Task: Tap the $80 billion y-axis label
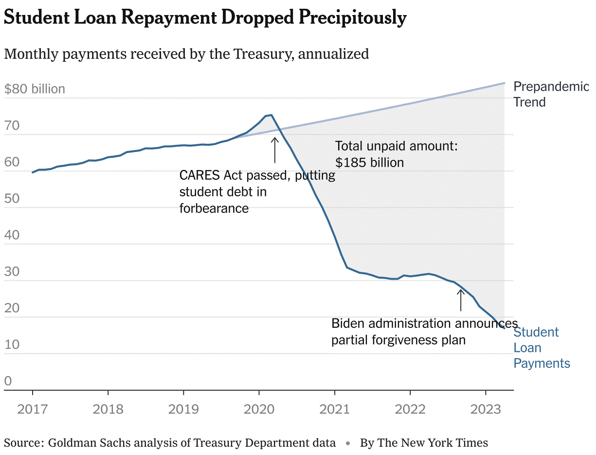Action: click(35, 89)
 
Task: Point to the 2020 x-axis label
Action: click(259, 409)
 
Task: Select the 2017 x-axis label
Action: click(32, 409)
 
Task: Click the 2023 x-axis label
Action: click(486, 409)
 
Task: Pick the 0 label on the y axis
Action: click(8, 381)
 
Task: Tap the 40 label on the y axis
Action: click(12, 235)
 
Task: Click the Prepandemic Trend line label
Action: click(551, 95)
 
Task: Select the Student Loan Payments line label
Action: click(542, 348)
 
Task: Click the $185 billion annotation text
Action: click(370, 163)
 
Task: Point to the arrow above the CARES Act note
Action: click(275, 150)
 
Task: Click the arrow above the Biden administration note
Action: click(461, 300)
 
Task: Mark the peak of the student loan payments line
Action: click(271, 115)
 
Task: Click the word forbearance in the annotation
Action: click(214, 209)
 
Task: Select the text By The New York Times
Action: click(424, 443)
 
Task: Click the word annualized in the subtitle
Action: click(334, 54)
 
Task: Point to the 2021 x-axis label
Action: click(335, 409)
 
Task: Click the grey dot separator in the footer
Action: click(348, 444)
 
